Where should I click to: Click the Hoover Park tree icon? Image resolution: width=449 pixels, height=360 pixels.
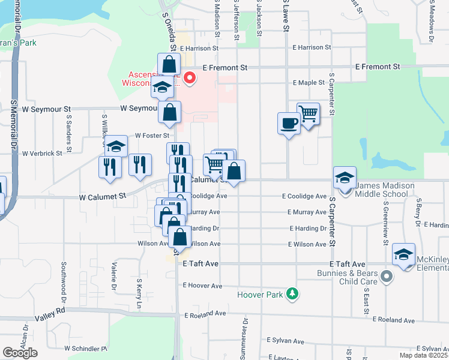click(292, 294)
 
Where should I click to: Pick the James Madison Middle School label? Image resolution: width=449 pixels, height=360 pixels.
click(385, 190)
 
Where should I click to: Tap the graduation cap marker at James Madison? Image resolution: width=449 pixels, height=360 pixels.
click(345, 178)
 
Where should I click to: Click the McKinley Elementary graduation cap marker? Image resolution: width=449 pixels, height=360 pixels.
click(404, 254)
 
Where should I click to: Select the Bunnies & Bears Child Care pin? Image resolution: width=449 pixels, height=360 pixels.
click(387, 277)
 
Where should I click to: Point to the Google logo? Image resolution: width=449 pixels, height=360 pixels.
click(20, 353)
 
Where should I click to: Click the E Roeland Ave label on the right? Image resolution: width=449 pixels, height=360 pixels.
click(393, 320)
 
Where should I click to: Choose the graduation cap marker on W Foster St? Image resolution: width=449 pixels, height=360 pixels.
click(116, 146)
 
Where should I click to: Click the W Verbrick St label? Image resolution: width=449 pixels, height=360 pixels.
click(42, 154)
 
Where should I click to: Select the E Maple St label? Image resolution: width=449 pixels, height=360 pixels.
click(309, 83)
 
